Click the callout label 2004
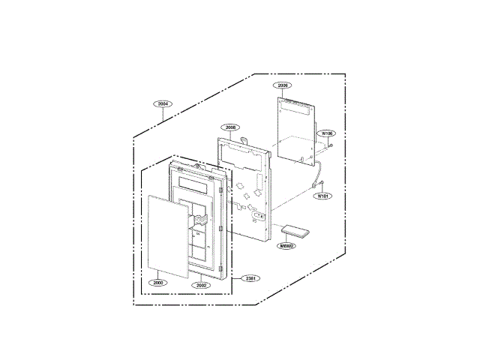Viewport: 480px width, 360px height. pos(163,104)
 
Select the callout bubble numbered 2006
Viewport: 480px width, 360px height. pos(283,86)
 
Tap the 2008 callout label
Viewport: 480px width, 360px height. pos(231,127)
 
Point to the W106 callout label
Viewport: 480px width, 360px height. pos(326,133)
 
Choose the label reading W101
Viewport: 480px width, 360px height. pos(322,196)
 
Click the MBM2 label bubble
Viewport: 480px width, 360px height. pos(287,245)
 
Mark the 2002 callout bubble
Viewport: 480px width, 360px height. pos(200,285)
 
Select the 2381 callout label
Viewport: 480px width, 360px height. pos(252,279)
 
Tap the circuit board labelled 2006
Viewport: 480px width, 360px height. pos(294,127)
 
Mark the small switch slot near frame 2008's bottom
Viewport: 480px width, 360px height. pos(257,215)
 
